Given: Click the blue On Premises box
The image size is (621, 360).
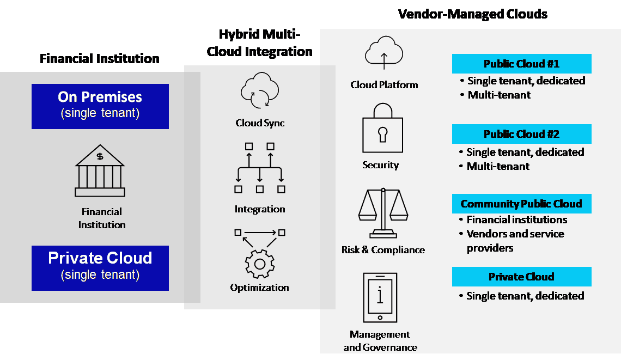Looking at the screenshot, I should (x=100, y=106).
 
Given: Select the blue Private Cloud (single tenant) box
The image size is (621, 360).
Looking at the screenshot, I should (x=100, y=268).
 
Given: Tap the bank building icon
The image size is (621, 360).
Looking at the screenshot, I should (x=100, y=170).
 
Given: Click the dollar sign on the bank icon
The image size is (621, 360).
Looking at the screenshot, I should (x=100, y=157).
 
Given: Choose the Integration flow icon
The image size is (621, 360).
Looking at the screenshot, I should (x=259, y=168).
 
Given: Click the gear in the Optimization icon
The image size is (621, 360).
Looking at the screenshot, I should (x=259, y=264).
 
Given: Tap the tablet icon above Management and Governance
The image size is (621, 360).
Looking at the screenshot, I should (x=380, y=297).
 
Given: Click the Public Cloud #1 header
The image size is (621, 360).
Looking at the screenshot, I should (x=521, y=64).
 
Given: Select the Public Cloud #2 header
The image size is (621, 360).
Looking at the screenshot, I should (x=521, y=134).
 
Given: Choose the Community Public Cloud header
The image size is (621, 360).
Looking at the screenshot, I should (x=521, y=204).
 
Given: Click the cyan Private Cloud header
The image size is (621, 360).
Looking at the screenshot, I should (x=521, y=277).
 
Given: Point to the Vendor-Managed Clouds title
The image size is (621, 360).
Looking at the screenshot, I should (x=472, y=14).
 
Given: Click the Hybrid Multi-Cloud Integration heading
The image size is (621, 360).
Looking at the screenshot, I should (x=259, y=43).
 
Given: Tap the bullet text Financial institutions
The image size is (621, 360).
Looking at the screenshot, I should (x=516, y=220).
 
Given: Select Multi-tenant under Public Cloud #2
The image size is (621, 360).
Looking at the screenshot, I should (x=498, y=166).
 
